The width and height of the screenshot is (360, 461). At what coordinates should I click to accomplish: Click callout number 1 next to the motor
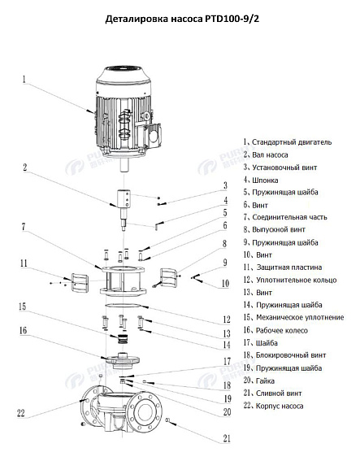(x=24, y=80)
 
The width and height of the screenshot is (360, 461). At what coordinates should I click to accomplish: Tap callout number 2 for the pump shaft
(x=24, y=168)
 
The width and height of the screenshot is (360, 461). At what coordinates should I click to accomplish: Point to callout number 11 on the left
(x=24, y=263)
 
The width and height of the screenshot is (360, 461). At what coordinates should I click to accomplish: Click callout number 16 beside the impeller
(x=24, y=331)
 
